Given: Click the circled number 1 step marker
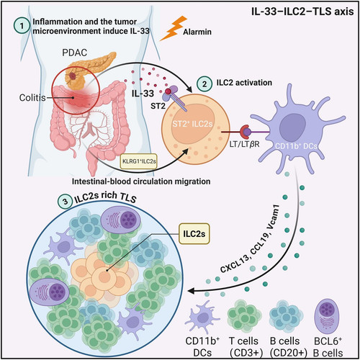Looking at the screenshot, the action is click(22, 25).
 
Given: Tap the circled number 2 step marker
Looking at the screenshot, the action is click(204, 84).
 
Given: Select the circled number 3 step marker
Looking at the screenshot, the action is click(66, 202).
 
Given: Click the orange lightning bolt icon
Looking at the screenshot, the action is click(174, 28).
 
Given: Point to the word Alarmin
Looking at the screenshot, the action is click(197, 32).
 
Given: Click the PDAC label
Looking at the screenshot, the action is click(74, 53).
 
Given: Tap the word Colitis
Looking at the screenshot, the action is click(32, 98).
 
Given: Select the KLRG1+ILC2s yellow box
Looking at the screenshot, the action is click(139, 161).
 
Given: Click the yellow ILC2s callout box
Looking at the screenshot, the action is click(194, 234).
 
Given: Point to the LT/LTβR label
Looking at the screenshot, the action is click(244, 145).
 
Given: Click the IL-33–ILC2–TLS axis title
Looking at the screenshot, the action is click(302, 12).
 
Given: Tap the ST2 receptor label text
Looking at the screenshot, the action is click(158, 106).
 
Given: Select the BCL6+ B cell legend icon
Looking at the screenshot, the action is click(328, 317).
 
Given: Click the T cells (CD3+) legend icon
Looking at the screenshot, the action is click(244, 315).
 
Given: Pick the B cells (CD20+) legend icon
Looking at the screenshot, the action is click(286, 316).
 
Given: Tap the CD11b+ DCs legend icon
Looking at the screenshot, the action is click(202, 317).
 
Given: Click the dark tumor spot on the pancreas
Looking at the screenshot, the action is click(72, 76).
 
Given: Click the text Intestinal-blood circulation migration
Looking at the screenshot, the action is click(141, 181).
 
